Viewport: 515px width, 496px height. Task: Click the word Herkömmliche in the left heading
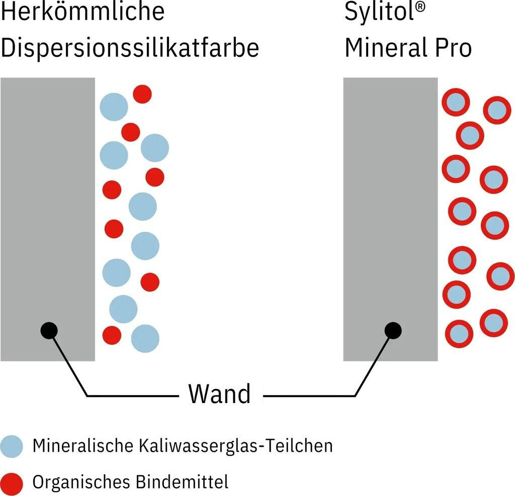coord(82,12)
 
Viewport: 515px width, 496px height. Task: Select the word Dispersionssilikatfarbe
coord(130,48)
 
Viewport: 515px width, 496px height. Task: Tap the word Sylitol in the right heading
coord(376,12)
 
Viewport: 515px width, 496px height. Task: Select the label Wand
coord(219,394)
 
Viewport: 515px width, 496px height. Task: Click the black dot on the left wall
coord(49,330)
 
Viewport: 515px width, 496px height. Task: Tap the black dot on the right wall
coord(393,330)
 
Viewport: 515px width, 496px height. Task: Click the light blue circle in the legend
coord(12,446)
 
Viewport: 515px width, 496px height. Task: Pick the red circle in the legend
coord(12,483)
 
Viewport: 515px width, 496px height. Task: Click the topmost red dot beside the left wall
coord(142,94)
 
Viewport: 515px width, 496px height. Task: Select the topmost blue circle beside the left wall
coord(114,107)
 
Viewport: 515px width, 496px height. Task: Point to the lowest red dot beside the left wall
coord(112,335)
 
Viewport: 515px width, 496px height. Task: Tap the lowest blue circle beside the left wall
coord(145,338)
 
